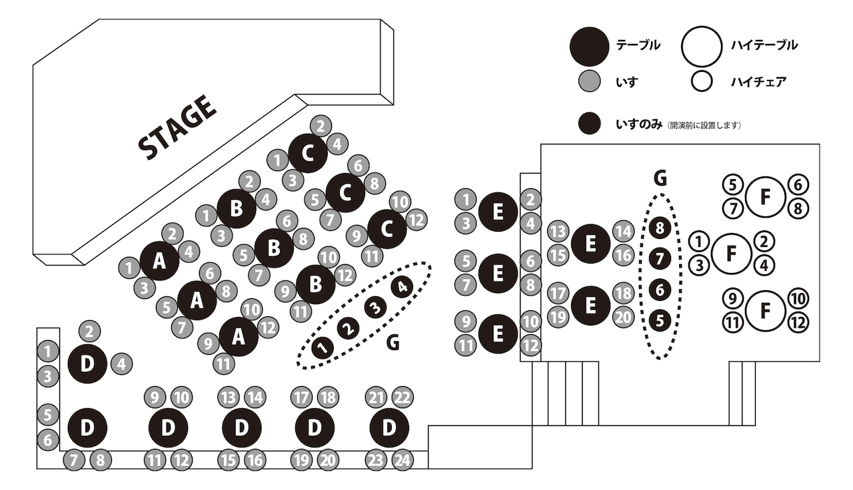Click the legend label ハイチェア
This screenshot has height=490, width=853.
click(x=758, y=82)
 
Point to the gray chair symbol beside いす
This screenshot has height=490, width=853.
click(x=589, y=82)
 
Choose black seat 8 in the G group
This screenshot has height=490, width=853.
click(x=660, y=228)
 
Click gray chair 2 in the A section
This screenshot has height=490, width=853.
click(x=173, y=233)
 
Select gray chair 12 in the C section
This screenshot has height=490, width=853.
click(x=417, y=220)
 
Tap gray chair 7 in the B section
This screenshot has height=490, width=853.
click(x=259, y=273)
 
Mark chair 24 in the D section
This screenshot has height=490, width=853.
click(x=403, y=459)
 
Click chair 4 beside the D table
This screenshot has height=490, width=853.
click(x=121, y=364)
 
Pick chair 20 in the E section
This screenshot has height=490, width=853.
click(x=623, y=317)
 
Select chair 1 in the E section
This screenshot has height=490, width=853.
click(x=466, y=198)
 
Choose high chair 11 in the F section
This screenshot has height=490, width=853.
click(x=732, y=324)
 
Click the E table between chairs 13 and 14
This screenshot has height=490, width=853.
click(x=590, y=244)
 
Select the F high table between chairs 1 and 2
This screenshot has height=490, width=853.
click(x=731, y=253)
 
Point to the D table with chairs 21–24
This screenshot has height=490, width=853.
click(x=389, y=427)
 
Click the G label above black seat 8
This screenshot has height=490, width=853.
click(x=660, y=178)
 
